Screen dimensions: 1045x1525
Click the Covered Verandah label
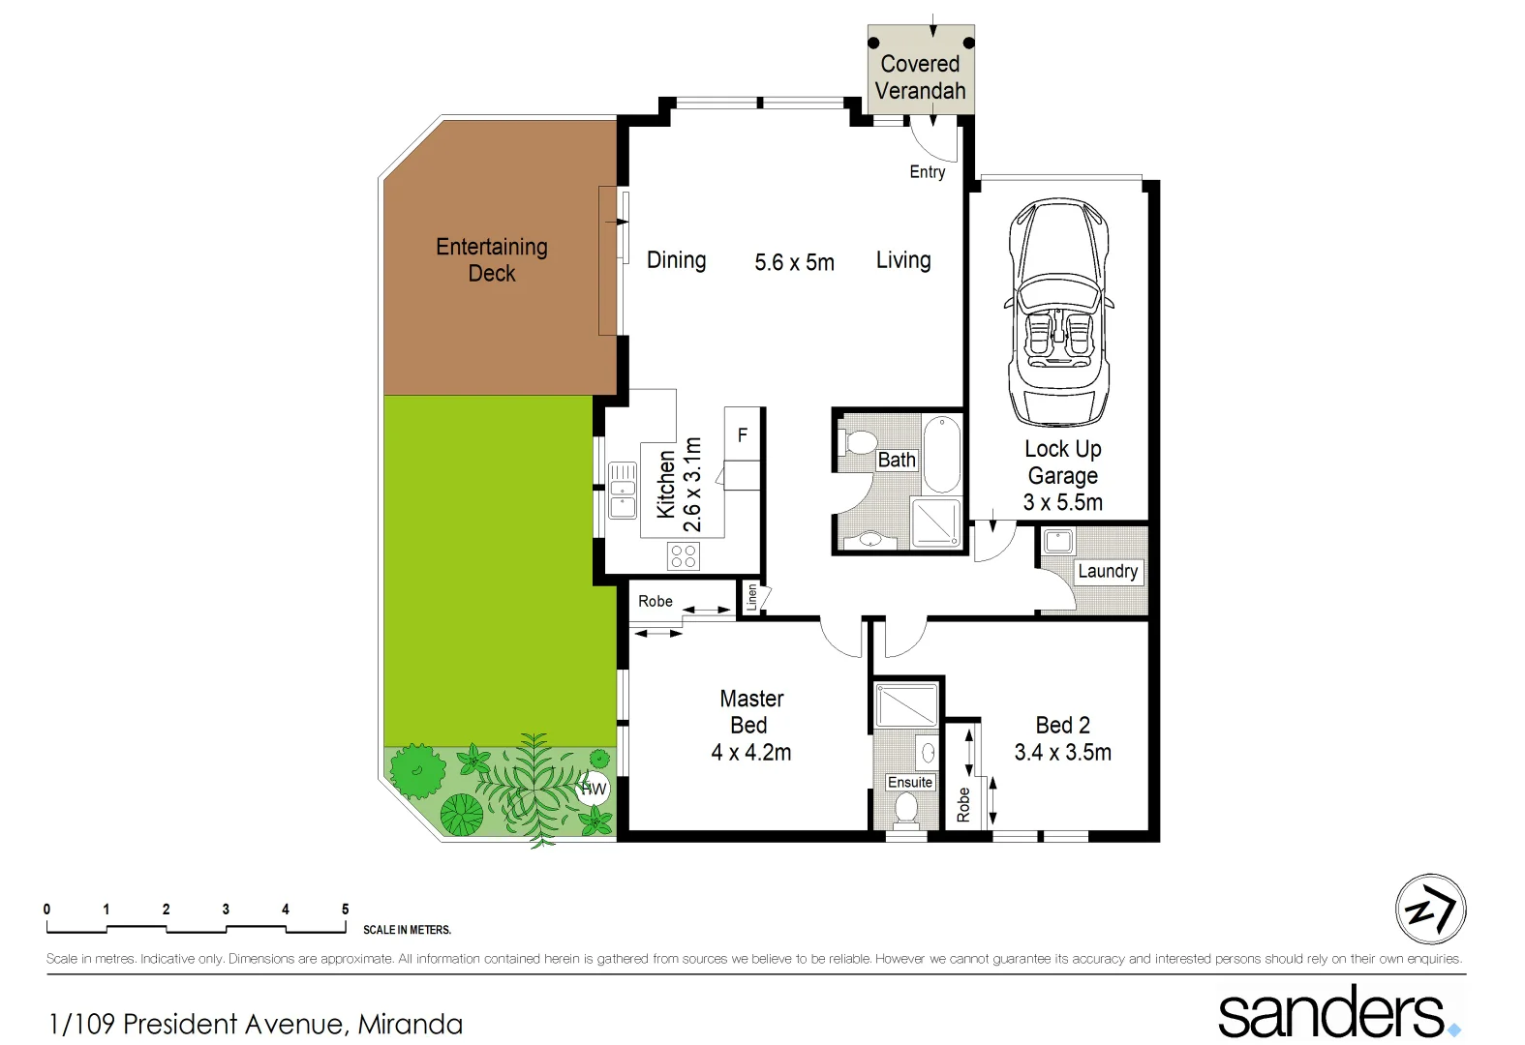(x=920, y=77)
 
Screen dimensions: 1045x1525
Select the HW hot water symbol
(x=593, y=789)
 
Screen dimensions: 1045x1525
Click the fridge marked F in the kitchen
(x=743, y=434)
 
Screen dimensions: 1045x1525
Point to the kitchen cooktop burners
(x=684, y=555)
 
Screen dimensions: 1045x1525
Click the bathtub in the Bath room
(x=941, y=454)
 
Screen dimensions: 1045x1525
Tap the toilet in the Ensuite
(x=906, y=809)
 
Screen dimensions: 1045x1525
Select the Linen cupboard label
(x=751, y=597)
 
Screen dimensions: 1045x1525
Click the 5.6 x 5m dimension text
(x=794, y=262)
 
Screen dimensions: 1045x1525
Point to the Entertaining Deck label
(x=492, y=260)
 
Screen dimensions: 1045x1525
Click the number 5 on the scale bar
(x=345, y=910)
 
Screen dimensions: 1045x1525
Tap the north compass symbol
(x=1430, y=910)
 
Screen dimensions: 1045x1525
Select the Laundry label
(x=1108, y=571)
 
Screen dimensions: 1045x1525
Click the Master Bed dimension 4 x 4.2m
(x=751, y=752)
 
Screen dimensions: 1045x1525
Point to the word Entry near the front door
(x=927, y=172)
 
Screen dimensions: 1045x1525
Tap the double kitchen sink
(x=622, y=492)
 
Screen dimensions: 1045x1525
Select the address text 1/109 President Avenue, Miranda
(x=256, y=1024)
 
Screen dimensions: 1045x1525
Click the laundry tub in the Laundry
(x=1058, y=542)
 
